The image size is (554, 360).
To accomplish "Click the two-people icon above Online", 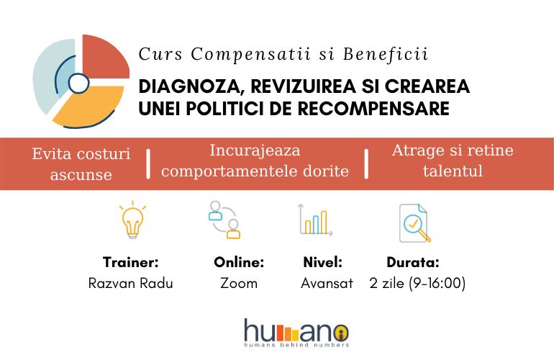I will coord(224,220).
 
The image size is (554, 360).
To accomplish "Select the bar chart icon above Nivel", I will coord(315,220).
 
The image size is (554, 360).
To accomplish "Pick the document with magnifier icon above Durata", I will coord(414,223).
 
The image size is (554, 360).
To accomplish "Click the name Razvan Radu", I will coord(131,283).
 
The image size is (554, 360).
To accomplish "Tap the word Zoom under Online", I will coord(239,283).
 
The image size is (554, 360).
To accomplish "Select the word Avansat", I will coord(327,283).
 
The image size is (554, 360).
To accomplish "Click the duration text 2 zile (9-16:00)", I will coord(417,283).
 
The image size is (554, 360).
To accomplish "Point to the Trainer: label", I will coord(131,262).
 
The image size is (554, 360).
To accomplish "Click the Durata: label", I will coord(413,262).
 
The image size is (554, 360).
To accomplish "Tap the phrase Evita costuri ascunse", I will coord(81,164).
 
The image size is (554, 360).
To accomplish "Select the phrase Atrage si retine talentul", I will coord(453,161).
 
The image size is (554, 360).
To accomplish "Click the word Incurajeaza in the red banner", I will coord(255,151).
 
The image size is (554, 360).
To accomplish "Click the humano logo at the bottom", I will coord(296,333).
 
